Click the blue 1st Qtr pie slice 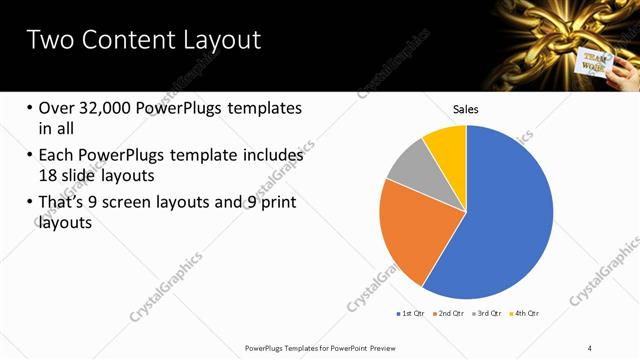(x=500, y=215)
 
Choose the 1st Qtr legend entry (x=412, y=314)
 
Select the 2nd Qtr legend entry (x=450, y=314)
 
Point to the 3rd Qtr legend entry (x=489, y=314)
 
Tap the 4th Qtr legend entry (x=527, y=314)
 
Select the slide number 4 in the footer (x=592, y=347)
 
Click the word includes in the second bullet (x=272, y=156)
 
